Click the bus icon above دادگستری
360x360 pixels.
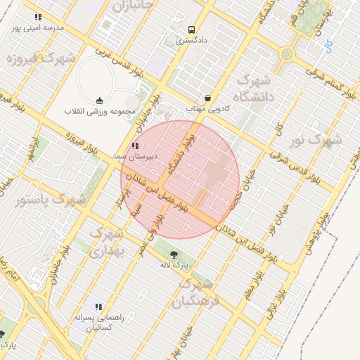coord(191,30)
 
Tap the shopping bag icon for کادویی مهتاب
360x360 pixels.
coord(207,98)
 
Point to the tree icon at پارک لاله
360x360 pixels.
coord(173,254)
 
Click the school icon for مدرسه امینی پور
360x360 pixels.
coord(38,17)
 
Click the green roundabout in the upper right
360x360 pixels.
coord(287,53)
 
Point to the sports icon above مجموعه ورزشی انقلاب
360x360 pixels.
coord(99,98)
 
